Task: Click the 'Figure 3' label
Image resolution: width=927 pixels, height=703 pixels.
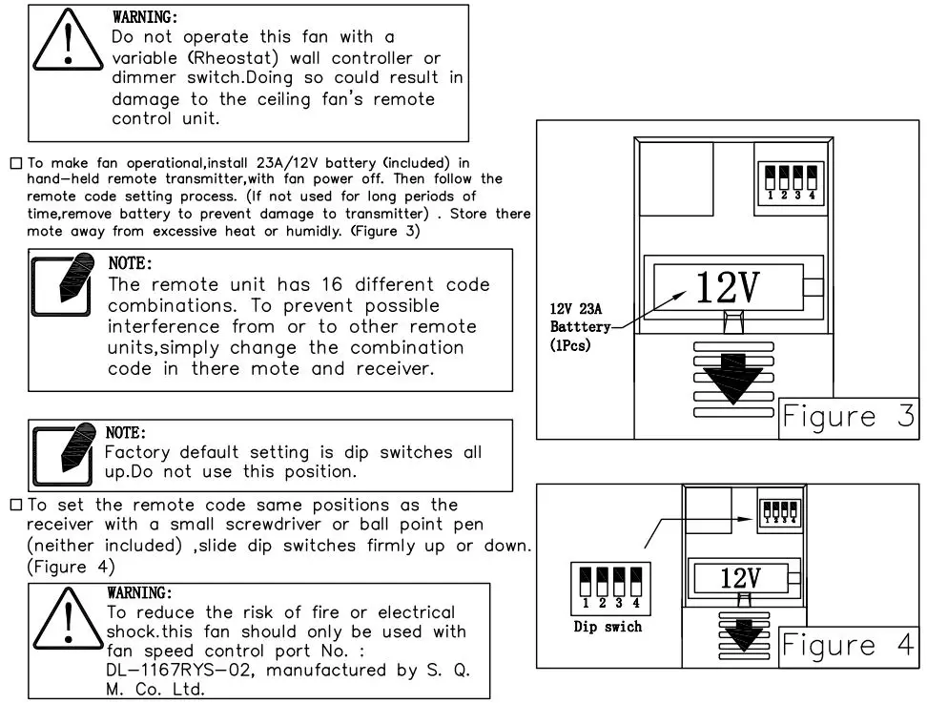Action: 847,417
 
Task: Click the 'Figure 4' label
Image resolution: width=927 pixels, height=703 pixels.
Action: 847,646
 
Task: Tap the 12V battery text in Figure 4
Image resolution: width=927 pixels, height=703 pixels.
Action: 739,577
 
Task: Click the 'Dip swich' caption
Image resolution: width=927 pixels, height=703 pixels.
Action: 608,627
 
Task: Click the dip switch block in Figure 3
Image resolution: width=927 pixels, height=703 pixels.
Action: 792,181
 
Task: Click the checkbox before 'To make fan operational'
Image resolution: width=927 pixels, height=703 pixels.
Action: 15,164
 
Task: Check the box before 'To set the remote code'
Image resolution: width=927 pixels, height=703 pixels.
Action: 15,506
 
